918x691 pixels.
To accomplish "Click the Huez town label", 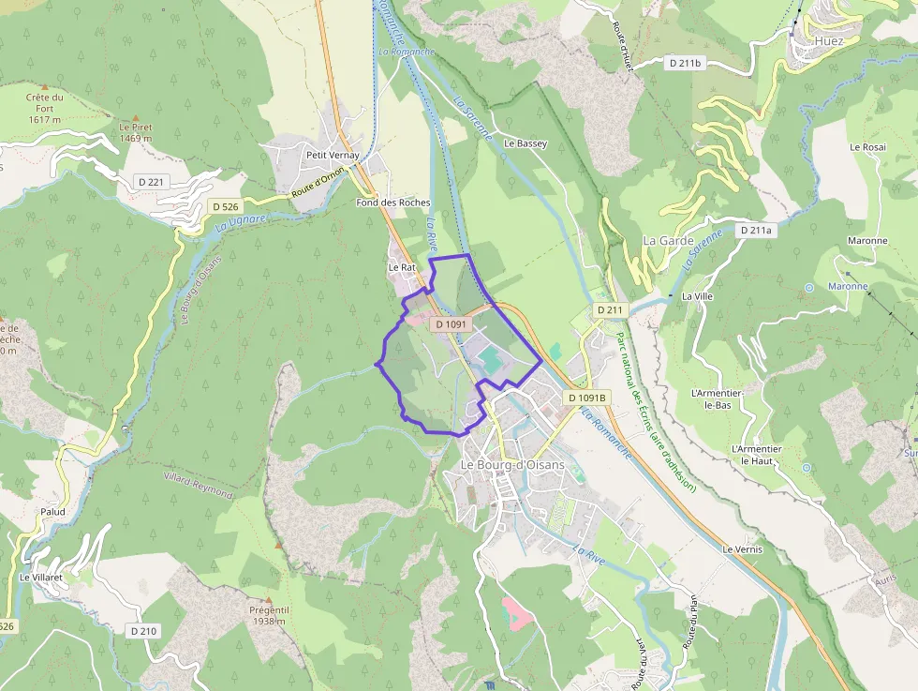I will click(x=829, y=41).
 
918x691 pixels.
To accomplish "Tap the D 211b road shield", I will click(x=686, y=63).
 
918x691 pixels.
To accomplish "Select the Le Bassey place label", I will click(x=526, y=143).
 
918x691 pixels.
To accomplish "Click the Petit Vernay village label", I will click(x=333, y=155).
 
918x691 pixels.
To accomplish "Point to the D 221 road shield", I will click(x=150, y=180).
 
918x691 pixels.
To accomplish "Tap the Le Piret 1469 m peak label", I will click(x=136, y=132).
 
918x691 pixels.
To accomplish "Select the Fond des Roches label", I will click(x=393, y=203).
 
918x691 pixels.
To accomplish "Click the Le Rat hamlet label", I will click(x=401, y=267).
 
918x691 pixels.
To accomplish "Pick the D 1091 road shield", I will click(x=451, y=323).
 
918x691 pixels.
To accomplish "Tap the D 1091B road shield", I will click(x=587, y=398).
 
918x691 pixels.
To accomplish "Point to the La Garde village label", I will click(x=668, y=240).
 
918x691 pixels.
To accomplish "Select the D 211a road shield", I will click(x=756, y=230).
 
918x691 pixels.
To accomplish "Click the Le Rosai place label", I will click(x=867, y=147).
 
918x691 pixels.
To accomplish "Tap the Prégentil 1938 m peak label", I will click(x=268, y=615).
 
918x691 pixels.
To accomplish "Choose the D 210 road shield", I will click(x=144, y=631).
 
